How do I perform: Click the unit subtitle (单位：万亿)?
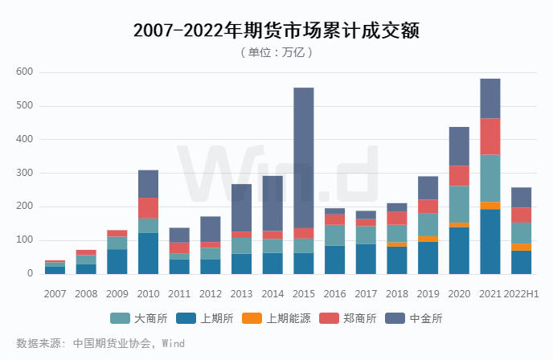(x=276, y=52)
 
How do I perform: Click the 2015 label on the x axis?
(x=303, y=293)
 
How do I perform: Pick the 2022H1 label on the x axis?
(x=522, y=293)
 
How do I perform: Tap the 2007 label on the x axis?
(x=55, y=293)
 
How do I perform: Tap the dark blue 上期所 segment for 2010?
(x=148, y=253)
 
